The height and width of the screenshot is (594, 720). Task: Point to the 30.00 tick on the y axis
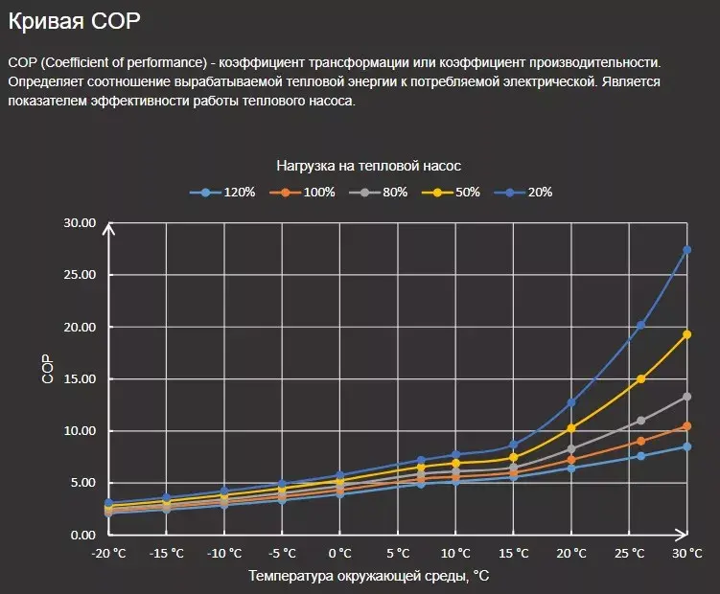pos(80,223)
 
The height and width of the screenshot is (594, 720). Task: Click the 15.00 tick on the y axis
pos(80,379)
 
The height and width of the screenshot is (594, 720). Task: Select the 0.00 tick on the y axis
pos(82,535)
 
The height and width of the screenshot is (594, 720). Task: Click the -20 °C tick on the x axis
pos(108,554)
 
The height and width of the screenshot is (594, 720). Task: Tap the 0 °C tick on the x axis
pos(339,554)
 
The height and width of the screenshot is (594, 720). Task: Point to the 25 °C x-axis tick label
pos(629,554)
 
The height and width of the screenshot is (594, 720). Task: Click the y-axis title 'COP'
pos(48,370)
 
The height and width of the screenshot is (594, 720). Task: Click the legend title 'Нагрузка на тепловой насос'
pos(369,165)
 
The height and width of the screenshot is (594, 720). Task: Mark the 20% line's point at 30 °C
pos(686,250)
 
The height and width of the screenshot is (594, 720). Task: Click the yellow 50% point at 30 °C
pos(686,334)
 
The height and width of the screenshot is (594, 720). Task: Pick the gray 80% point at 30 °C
pos(686,397)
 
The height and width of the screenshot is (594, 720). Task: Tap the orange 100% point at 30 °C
pos(686,426)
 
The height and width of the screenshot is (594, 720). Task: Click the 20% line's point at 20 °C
pos(571,402)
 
